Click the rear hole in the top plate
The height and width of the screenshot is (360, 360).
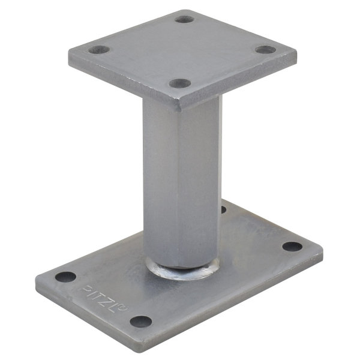pos(184,19)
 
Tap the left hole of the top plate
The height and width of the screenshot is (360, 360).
pos(99,50)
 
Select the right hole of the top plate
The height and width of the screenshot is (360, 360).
pos(266,50)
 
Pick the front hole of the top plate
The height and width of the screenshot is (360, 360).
pos(180,83)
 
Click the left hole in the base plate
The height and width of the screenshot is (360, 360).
pos(65,277)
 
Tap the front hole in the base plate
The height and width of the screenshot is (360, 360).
pos(141,322)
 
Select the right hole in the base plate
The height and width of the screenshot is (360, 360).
pos(292,247)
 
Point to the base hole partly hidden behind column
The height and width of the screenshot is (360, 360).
pos(224,209)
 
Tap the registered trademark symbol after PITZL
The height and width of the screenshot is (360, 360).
pos(124,308)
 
